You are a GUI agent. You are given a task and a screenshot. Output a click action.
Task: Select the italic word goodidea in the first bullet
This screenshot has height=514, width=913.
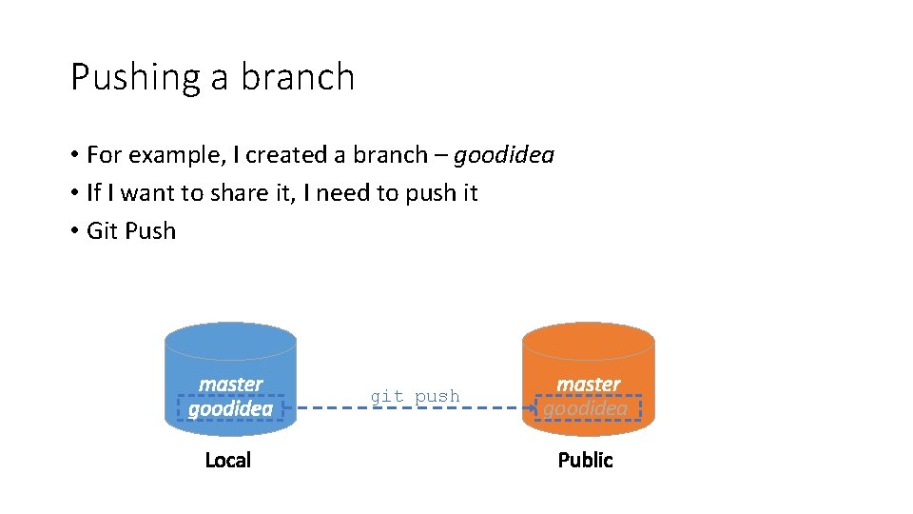pyautogui.click(x=503, y=154)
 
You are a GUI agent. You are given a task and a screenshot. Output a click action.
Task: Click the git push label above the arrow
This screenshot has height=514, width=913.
pyautogui.click(x=415, y=396)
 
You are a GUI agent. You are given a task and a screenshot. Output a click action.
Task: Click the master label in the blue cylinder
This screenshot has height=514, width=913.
pyautogui.click(x=230, y=384)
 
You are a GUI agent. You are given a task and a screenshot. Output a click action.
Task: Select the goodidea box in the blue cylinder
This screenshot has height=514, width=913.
pyautogui.click(x=230, y=408)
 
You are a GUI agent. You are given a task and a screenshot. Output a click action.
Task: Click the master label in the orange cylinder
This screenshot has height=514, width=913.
pyautogui.click(x=588, y=384)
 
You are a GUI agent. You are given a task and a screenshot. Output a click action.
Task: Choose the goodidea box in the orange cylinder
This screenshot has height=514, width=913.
pyautogui.click(x=588, y=408)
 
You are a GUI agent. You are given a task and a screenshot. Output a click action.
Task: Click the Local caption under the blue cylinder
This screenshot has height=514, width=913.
pyautogui.click(x=228, y=461)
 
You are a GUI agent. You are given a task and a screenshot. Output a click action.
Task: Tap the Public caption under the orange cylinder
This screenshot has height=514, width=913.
pyautogui.click(x=585, y=461)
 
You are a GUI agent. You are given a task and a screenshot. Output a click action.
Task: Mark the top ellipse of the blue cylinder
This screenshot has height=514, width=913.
pyautogui.click(x=230, y=339)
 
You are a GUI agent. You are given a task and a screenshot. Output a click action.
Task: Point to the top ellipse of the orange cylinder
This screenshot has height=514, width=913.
pyautogui.click(x=589, y=339)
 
